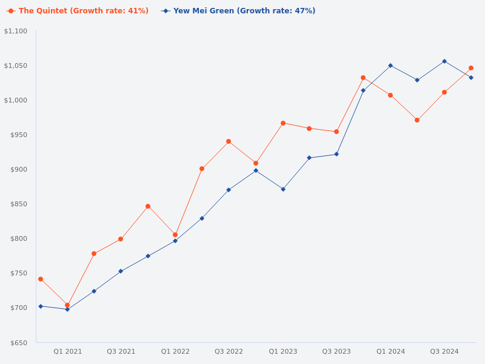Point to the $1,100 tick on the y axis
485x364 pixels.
click(16, 31)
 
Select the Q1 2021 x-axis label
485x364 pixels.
click(67, 351)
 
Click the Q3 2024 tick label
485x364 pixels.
click(444, 351)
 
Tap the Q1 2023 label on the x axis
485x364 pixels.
click(283, 351)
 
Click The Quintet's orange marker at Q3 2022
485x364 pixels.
click(229, 141)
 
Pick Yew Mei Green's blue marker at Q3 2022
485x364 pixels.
click(229, 190)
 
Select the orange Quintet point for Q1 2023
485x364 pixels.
click(283, 123)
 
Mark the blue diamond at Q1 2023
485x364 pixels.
click(283, 189)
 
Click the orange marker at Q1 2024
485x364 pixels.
click(390, 95)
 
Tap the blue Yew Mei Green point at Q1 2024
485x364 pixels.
click(390, 66)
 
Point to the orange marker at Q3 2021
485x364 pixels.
click(121, 239)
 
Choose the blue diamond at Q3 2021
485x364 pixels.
click(121, 271)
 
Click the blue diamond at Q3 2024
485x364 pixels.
click(444, 61)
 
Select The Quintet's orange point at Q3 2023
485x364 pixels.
click(336, 132)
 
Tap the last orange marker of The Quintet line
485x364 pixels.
click(471, 68)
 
